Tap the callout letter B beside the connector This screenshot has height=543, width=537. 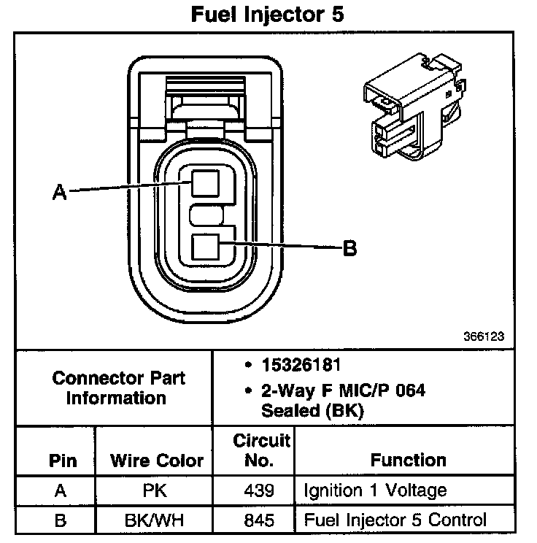pyautogui.click(x=349, y=248)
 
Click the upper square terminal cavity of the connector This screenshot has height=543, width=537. pyautogui.click(x=206, y=182)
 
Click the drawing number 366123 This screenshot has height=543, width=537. pyautogui.click(x=483, y=337)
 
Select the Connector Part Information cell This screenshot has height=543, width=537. pyautogui.click(x=119, y=388)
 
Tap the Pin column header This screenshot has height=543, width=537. pyautogui.click(x=62, y=461)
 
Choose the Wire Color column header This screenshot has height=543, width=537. pyautogui.click(x=157, y=461)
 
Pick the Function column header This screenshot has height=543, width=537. pyautogui.click(x=409, y=460)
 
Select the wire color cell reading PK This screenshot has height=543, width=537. pyautogui.click(x=156, y=490)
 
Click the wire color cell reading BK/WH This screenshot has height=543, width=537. pyautogui.click(x=156, y=520)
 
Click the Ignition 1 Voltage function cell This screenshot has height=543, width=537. pyautogui.click(x=375, y=490)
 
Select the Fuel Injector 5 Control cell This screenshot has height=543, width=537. pyautogui.click(x=395, y=520)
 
